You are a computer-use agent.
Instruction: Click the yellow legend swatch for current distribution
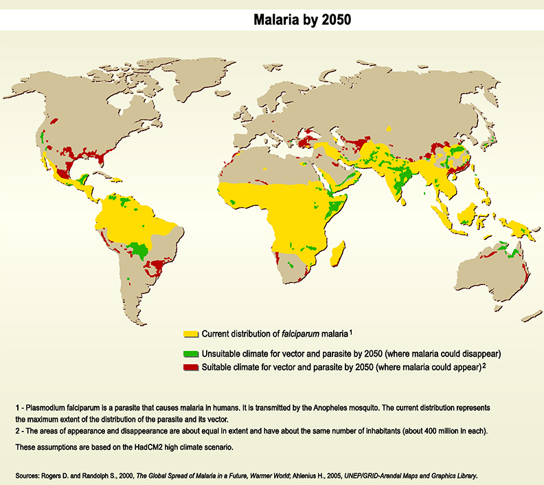[191, 334]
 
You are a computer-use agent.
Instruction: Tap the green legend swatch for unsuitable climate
[191, 354]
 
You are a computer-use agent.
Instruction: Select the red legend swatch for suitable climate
[191, 368]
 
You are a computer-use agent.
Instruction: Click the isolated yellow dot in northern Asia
[389, 128]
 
